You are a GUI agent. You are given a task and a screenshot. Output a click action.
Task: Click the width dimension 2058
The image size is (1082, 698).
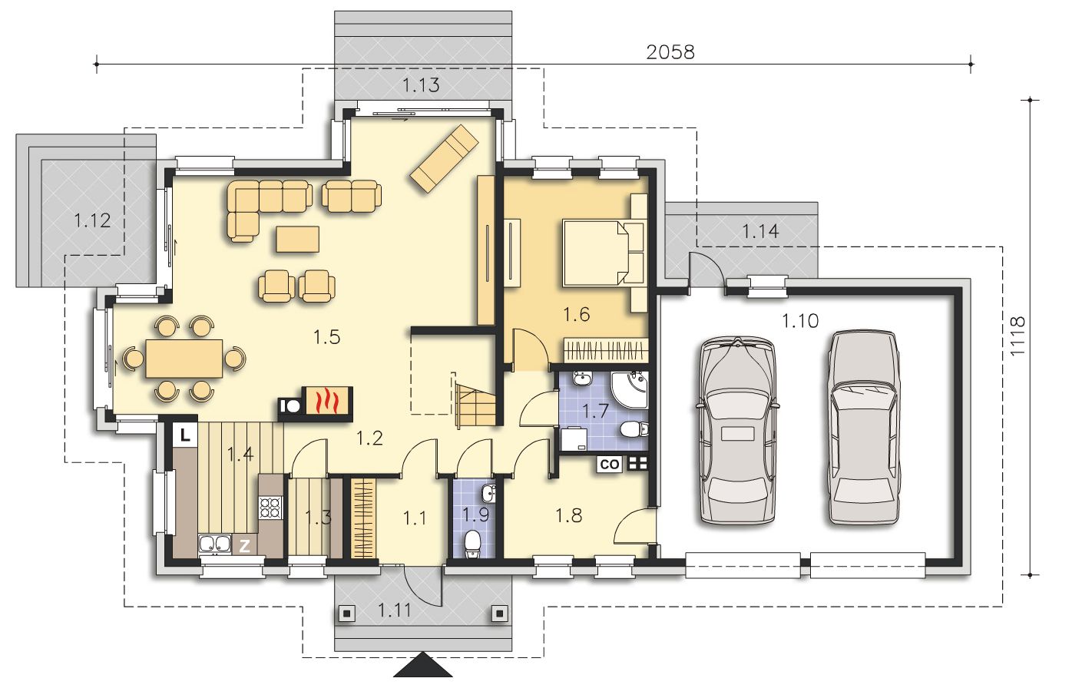[670, 52]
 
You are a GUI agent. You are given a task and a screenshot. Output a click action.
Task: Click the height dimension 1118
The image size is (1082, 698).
[1017, 336]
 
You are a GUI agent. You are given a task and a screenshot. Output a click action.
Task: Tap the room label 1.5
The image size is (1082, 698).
[326, 336]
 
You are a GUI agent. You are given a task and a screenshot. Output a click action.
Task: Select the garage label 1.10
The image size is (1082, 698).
[800, 321]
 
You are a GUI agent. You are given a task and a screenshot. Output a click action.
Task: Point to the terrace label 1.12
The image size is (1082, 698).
[92, 220]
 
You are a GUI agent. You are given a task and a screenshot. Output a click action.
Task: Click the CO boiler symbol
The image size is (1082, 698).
[610, 464]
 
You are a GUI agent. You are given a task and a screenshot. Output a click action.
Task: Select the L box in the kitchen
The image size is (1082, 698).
[184, 435]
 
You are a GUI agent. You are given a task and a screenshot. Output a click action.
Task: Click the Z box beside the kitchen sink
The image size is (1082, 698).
[245, 546]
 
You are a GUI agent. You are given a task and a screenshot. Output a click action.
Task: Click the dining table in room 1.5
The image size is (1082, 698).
[184, 359]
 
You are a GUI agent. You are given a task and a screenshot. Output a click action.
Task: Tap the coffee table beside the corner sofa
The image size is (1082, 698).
[297, 239]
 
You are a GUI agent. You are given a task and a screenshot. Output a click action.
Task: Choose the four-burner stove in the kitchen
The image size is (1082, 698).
[270, 508]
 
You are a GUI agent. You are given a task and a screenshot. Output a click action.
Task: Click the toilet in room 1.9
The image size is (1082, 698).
[472, 544]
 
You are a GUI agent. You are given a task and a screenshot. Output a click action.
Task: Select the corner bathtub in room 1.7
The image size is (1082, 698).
[630, 390]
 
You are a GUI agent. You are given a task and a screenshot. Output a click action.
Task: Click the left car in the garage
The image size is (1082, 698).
[738, 431]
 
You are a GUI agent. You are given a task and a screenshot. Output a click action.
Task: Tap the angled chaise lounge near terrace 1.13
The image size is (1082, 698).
[445, 158]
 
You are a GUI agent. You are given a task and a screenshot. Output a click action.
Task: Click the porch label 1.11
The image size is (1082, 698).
[394, 610]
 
